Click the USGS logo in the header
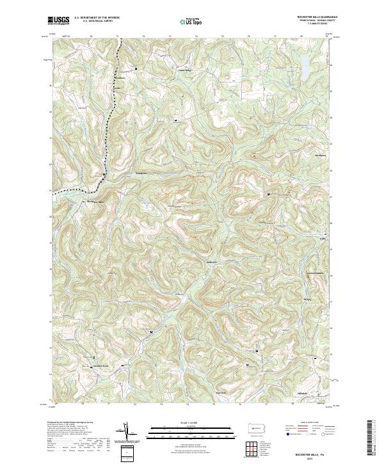59,21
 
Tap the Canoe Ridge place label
184,71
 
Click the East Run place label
221,392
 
